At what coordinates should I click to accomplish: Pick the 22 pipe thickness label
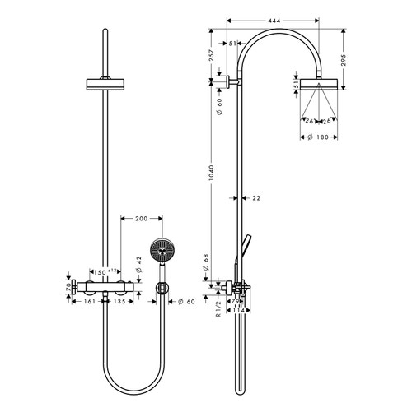coord(256,197)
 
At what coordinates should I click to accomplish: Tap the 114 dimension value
coord(238,311)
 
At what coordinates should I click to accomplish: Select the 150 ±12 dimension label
coord(105,271)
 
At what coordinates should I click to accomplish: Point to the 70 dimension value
coord(62,288)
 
